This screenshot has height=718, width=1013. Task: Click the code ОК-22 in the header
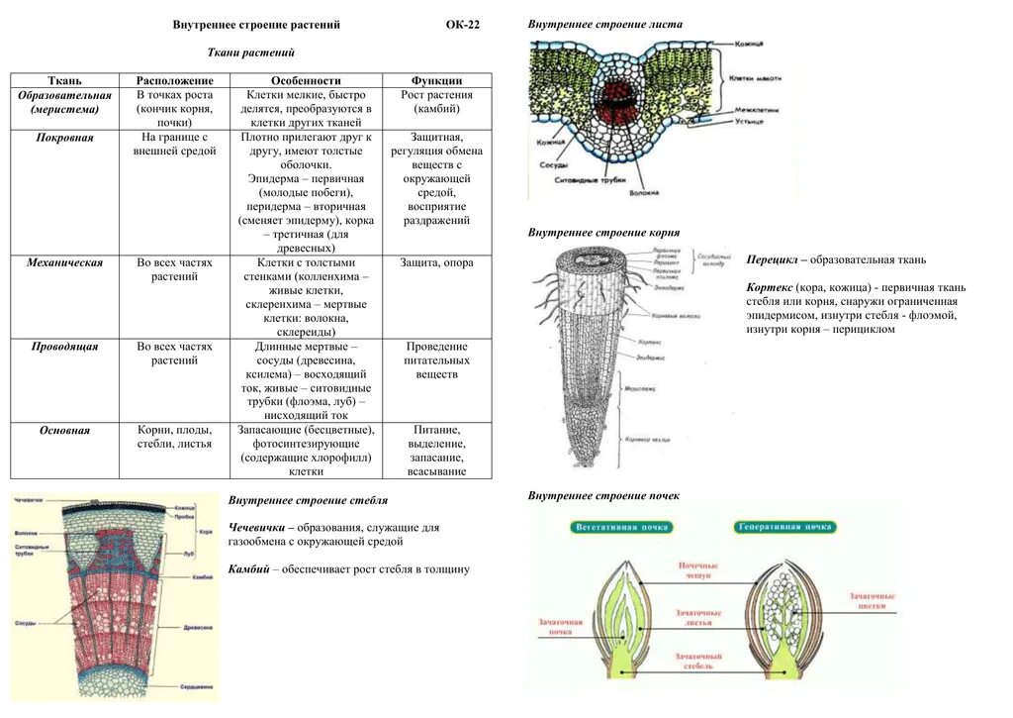pos(462,25)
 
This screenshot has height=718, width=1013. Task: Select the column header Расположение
pos(174,80)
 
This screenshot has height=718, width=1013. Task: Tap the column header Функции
pos(436,80)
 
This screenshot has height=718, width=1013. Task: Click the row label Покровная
pos(64,138)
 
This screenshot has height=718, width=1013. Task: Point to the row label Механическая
pos(64,263)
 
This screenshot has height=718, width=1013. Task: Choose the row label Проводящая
pos(64,348)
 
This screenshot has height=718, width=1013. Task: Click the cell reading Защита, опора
pos(436,263)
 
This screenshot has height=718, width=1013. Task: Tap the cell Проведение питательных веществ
pos(436,361)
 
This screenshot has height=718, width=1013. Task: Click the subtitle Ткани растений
pos(251,52)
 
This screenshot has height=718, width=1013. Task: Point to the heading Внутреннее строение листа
pos(604,23)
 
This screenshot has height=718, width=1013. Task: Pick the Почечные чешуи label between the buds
pos(698,571)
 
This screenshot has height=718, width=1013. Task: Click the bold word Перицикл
pos(776,259)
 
